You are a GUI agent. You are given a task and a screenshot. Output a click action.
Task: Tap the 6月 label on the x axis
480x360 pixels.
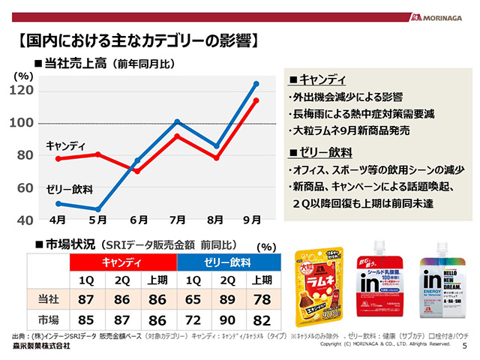point(138,220)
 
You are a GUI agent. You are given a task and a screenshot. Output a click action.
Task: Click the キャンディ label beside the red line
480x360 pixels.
point(66,145)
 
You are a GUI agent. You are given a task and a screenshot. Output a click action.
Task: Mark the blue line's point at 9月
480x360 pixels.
point(256,83)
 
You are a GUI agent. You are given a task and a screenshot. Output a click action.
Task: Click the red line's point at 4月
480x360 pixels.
point(58,159)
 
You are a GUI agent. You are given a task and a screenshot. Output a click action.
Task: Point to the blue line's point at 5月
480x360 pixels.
point(97,209)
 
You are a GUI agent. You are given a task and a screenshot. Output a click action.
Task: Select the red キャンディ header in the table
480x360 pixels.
point(123,262)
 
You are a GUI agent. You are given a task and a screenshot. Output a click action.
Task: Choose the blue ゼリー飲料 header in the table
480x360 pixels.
point(226,262)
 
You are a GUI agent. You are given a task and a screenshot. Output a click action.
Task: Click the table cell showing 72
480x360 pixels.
point(193,319)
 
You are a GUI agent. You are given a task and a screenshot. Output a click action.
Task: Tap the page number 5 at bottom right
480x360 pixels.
point(465,346)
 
